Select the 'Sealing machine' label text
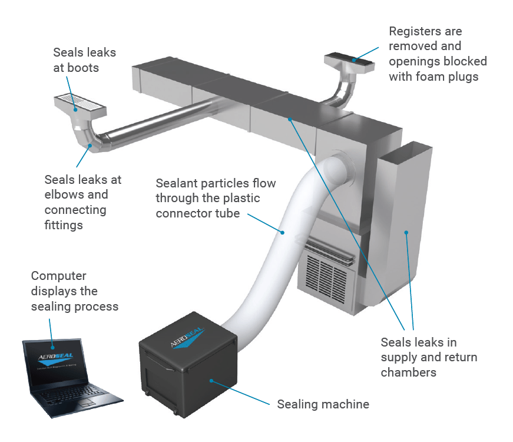[x=323, y=404]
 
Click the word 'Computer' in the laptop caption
[x=59, y=276]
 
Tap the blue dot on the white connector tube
[x=283, y=232]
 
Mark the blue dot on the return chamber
[x=406, y=233]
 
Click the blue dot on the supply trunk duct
[x=290, y=118]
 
